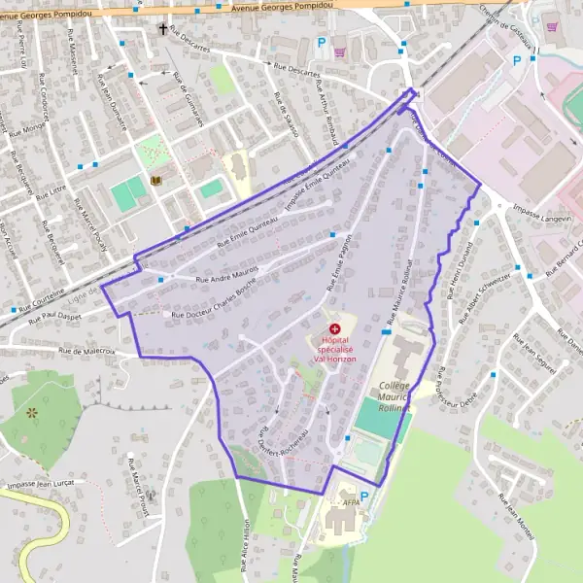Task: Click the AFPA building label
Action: pos(352,502)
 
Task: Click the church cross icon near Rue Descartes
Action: pos(162,29)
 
